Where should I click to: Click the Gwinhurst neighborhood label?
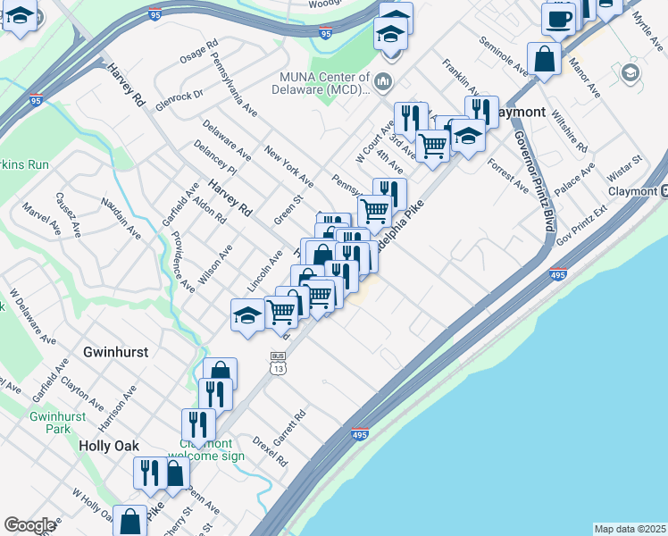pyautogui.click(x=115, y=352)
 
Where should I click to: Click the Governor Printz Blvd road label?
pyautogui.click(x=533, y=180)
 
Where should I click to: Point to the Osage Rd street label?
pyautogui.click(x=198, y=53)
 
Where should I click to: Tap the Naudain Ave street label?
pyautogui.click(x=121, y=218)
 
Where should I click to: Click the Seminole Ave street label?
pyautogui.click(x=504, y=55)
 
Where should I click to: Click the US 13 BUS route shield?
pyautogui.click(x=278, y=362)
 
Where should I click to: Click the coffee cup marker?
pyautogui.click(x=559, y=17)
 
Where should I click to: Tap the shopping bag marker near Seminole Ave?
pyautogui.click(x=544, y=59)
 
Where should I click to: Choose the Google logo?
pyautogui.click(x=29, y=525)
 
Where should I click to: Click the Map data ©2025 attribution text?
pyautogui.click(x=630, y=529)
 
